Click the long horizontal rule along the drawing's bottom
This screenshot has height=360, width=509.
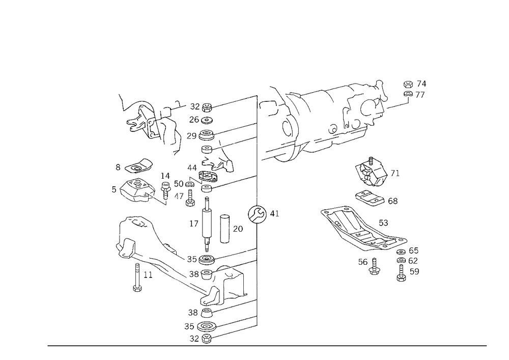(267, 345)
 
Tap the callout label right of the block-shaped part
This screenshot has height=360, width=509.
(395, 170)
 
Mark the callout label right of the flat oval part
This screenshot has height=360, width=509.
(393, 200)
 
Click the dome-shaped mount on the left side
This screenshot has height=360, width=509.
(135, 189)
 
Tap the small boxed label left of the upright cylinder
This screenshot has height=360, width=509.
(193, 223)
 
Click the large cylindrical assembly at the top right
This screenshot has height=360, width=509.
(326, 117)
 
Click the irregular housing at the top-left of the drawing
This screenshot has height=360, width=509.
(145, 120)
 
